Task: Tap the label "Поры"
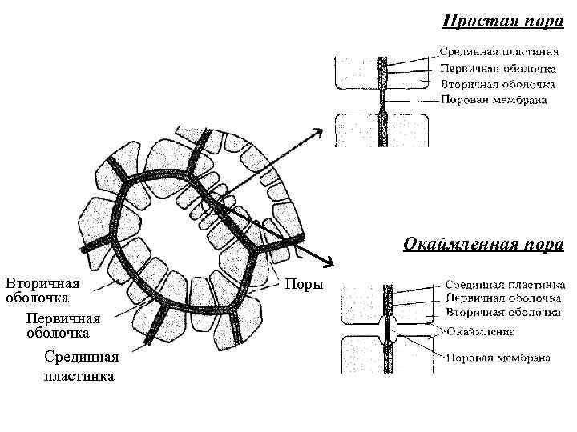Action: pyautogui.click(x=305, y=285)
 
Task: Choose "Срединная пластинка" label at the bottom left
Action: pyautogui.click(x=81, y=366)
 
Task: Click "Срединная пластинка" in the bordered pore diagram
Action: pyautogui.click(x=505, y=284)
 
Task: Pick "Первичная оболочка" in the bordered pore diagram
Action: pyautogui.click(x=503, y=297)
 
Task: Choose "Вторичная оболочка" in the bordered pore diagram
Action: pyautogui.click(x=502, y=310)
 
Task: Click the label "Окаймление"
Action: pyautogui.click(x=481, y=331)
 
